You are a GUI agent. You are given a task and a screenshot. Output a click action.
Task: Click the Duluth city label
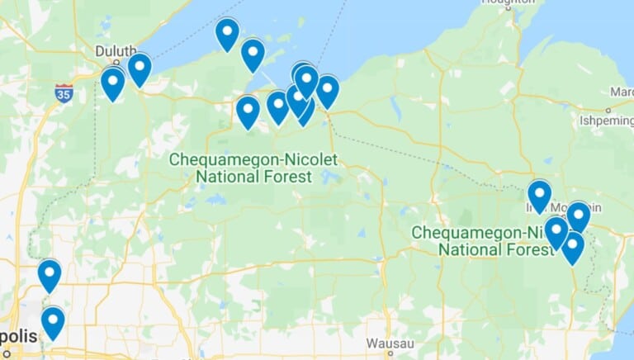(x=115, y=50)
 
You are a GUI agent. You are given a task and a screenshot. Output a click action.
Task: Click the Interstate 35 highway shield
(x=64, y=91)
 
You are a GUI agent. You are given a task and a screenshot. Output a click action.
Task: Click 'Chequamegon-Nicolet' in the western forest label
(x=253, y=159)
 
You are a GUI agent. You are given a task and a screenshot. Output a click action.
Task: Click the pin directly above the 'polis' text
(x=53, y=320)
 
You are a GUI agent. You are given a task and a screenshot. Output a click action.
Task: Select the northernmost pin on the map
(x=227, y=32)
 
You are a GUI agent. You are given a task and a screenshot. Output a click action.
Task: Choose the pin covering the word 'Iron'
(x=539, y=194)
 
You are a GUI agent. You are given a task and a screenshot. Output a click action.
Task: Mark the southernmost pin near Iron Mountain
(x=572, y=245)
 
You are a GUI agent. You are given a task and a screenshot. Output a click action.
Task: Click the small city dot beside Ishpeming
(x=608, y=110)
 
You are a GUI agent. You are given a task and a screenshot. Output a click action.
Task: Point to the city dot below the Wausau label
(x=388, y=353)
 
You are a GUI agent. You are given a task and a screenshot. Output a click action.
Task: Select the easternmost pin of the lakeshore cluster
(x=327, y=89)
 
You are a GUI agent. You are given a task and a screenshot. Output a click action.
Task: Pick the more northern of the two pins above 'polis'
(x=50, y=273)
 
